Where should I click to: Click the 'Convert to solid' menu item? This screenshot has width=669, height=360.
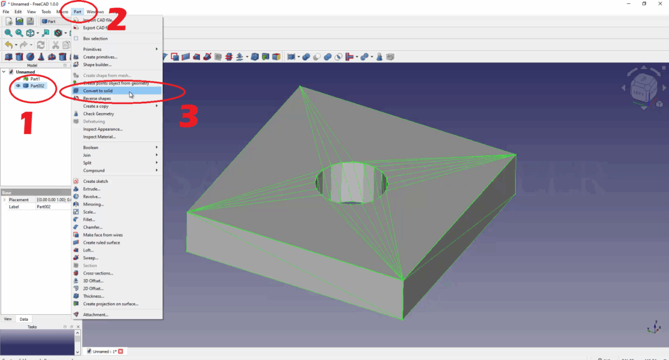98,91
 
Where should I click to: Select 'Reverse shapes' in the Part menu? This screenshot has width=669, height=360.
97,99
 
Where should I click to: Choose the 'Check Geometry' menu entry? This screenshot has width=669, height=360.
99,114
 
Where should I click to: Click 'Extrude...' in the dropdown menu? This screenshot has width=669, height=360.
91,189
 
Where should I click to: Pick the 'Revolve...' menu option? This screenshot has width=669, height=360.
92,196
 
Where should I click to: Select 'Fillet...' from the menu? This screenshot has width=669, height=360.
89,220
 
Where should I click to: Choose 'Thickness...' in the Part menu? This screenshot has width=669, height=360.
94,296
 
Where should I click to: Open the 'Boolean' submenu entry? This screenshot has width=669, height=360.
91,148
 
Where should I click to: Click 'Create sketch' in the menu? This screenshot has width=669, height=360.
95,181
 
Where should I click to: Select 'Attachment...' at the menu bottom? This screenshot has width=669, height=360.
96,314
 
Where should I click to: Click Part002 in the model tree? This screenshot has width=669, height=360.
37,86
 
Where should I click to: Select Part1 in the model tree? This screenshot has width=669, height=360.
35,79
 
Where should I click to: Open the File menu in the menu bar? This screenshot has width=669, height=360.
6,12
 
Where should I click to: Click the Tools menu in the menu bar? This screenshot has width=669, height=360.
46,12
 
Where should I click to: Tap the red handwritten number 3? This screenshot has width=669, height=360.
189,115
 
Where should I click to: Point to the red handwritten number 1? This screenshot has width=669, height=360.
27,122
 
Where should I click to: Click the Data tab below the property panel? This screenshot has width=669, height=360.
24,319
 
